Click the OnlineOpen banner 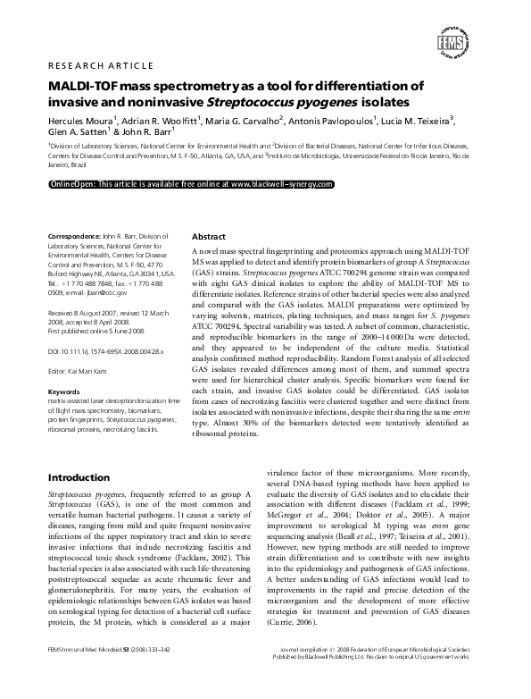click(191, 183)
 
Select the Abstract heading click(211, 236)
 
